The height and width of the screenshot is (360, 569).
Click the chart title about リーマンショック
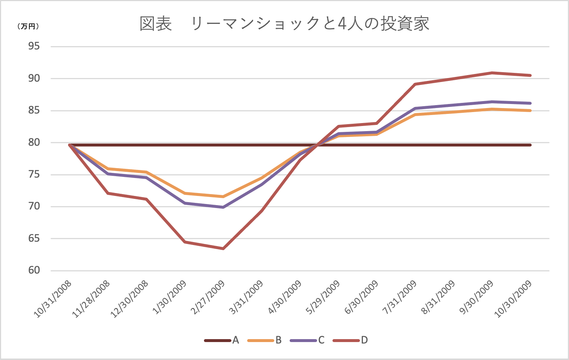[284, 23]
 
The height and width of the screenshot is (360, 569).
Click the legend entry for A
[222, 340]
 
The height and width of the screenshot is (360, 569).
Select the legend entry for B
[265, 340]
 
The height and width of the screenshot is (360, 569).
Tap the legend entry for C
[308, 340]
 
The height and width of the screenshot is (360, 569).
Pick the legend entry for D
[350, 340]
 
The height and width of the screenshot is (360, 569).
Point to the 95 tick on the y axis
[34, 47]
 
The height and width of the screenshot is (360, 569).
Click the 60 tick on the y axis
[34, 270]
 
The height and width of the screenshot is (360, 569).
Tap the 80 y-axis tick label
[34, 142]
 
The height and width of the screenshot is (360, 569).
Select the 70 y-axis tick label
[34, 206]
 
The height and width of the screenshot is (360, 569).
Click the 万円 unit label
[28, 26]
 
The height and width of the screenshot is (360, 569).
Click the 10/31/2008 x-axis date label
[53, 298]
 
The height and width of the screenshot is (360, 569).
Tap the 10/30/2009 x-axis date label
[514, 298]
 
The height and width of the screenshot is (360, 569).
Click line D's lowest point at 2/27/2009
[223, 249]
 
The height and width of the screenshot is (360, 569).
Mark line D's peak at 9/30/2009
[492, 73]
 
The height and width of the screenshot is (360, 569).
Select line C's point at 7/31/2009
[415, 108]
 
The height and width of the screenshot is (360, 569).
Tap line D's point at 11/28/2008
[108, 193]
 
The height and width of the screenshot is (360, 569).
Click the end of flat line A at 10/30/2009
[530, 145]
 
